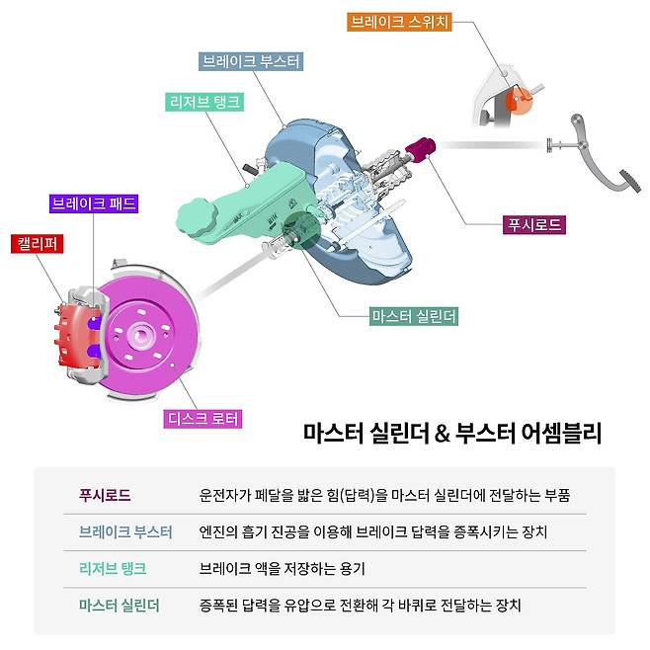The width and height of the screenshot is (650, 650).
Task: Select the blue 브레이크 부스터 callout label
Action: point(251,61)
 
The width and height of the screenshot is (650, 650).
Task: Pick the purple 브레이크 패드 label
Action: point(93,204)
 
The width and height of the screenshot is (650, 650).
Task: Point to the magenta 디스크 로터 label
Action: point(202,419)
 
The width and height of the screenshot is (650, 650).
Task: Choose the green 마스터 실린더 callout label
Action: point(414,316)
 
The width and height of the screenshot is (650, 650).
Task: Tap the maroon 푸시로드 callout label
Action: point(534,224)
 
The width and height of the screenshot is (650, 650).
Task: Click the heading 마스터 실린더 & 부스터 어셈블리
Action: point(451,433)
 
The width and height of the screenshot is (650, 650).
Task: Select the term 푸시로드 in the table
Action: point(105,494)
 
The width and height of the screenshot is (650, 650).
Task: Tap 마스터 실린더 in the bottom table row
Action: point(119,604)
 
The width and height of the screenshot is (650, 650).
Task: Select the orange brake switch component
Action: point(516,98)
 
